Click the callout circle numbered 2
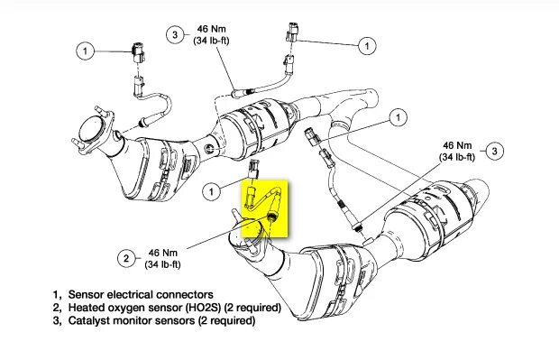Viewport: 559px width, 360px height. [126, 258]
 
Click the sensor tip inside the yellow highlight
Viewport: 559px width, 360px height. [272, 217]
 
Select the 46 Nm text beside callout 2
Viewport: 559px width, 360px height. [163, 253]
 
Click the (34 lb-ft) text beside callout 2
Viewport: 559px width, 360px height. [162, 264]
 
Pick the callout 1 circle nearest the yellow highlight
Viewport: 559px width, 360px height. [211, 192]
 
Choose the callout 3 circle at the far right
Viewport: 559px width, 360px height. [494, 151]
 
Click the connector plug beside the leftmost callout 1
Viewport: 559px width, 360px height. [137, 52]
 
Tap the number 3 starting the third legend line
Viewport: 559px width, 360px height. [56, 320]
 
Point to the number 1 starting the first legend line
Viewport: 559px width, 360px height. [56, 295]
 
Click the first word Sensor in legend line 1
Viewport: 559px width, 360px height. [87, 295]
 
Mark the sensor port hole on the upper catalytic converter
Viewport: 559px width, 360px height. [210, 147]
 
